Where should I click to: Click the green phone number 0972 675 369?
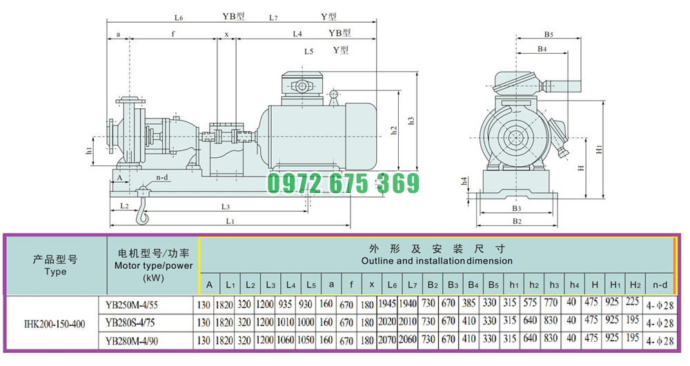pos(343,183)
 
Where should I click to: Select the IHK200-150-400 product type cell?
pos(55,324)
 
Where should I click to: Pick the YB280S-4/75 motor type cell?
pos(130,323)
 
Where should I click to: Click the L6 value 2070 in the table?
pos(387,340)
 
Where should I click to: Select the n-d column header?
pos(660,285)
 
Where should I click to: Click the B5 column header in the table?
pos(493,285)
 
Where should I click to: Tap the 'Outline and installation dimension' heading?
pos(437,261)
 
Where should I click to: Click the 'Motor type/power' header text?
pos(154,265)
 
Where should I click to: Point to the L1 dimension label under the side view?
pos(230,221)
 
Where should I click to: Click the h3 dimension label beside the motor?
pos(411,121)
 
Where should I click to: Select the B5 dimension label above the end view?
pos(549,34)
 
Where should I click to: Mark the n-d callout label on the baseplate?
pos(162,178)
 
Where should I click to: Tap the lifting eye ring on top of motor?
pos(333,94)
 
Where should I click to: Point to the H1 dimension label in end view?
pos(600,150)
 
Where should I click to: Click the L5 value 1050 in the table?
pos(306,340)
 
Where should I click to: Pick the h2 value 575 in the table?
pos(530,303)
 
